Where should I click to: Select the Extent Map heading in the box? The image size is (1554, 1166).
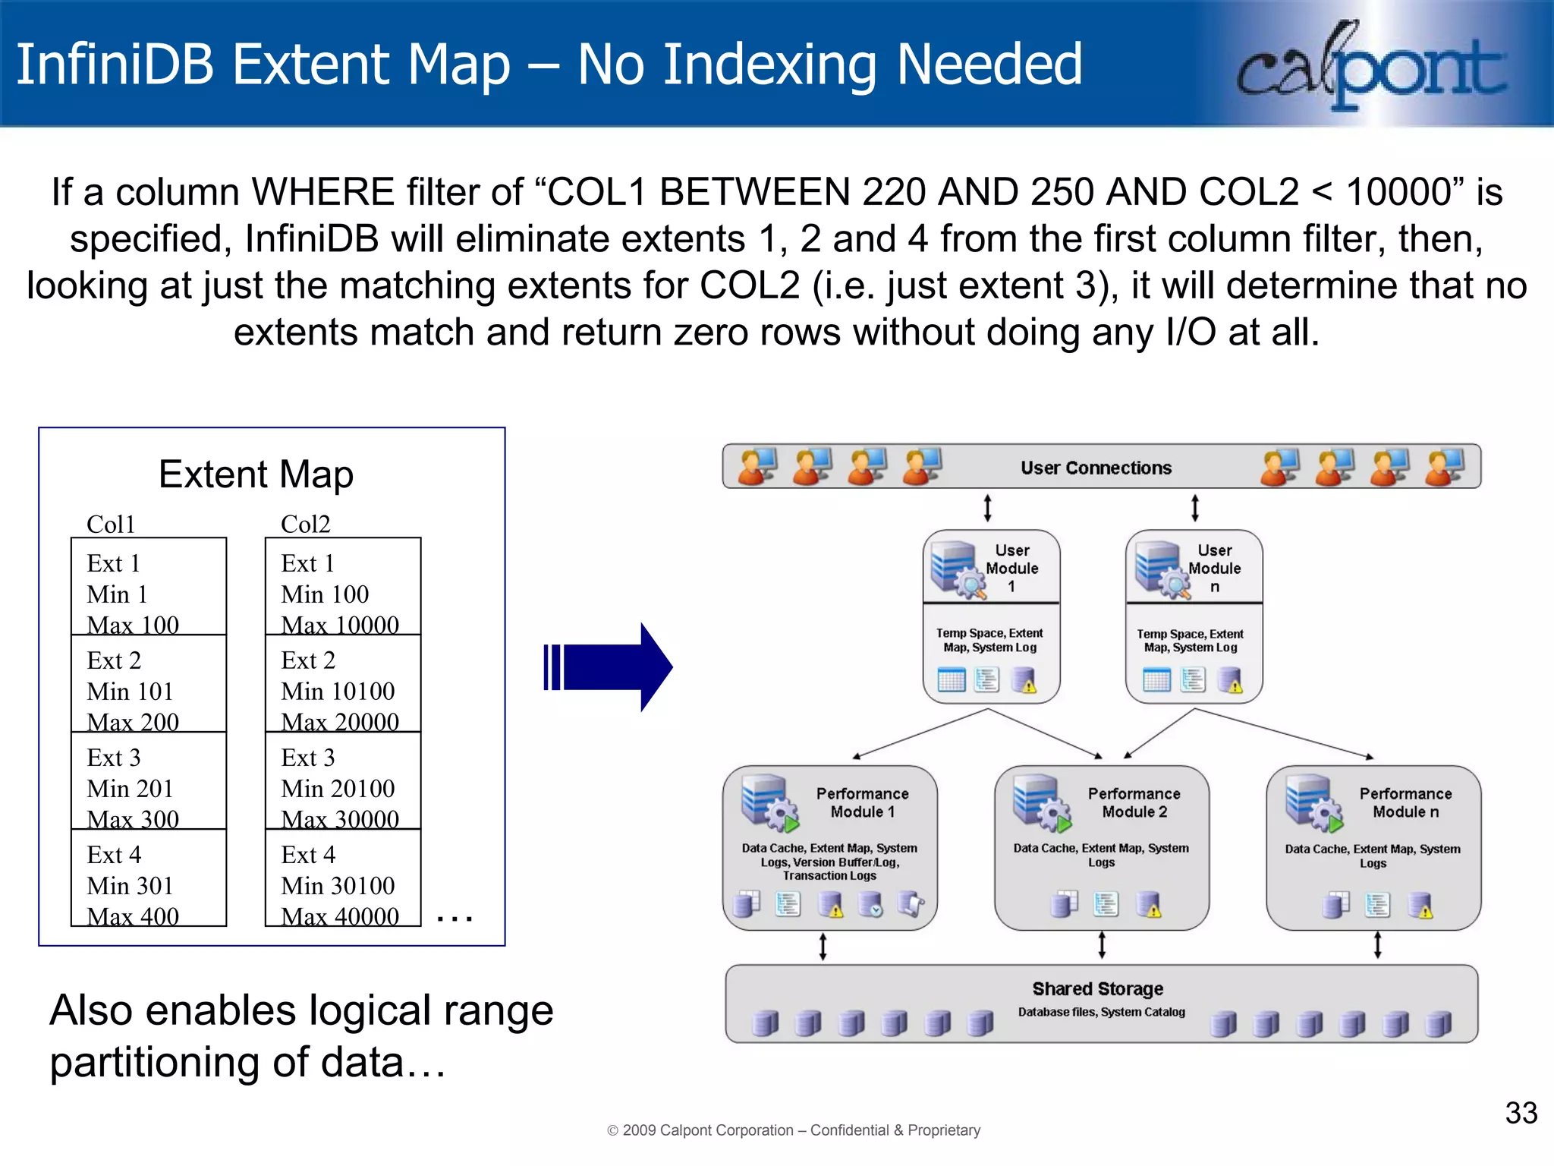tap(256, 474)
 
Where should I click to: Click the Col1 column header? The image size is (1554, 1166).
tap(111, 525)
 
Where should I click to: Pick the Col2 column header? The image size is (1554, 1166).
tap(305, 525)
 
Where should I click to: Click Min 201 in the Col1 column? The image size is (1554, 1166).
tap(130, 789)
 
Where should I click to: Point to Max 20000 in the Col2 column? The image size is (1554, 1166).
tap(339, 722)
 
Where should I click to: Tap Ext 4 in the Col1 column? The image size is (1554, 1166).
tap(114, 855)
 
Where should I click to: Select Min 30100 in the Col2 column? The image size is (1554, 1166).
tap(338, 886)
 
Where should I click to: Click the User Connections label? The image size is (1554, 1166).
tap(1096, 468)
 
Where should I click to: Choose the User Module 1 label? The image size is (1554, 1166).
tap(1011, 568)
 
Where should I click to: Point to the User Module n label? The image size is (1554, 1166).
tap(1214, 568)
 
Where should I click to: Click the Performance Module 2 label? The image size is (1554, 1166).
tap(1134, 802)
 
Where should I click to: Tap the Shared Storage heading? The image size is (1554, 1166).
tap(1097, 988)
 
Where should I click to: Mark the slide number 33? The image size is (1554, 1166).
tap(1521, 1113)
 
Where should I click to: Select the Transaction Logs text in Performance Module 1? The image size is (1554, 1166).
tap(829, 876)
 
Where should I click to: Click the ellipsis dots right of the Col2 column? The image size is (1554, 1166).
tap(455, 919)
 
